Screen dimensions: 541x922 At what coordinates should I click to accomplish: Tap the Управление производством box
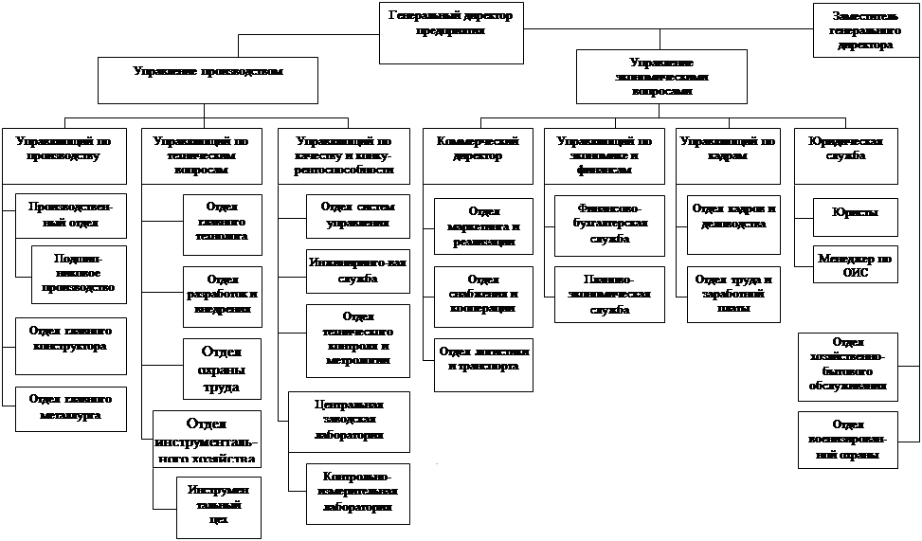click(x=208, y=80)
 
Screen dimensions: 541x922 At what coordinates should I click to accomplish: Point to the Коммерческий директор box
click(x=478, y=154)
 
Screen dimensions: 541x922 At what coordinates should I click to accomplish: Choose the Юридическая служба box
click(x=844, y=154)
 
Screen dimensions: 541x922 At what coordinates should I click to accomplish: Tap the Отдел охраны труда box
click(x=221, y=369)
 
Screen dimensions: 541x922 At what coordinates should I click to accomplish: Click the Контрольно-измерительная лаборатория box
click(x=357, y=493)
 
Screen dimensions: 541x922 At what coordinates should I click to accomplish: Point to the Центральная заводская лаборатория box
click(x=349, y=420)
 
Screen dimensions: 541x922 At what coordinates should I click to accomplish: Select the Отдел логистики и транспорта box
click(x=483, y=364)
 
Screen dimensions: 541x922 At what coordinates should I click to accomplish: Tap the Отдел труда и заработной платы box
click(x=733, y=294)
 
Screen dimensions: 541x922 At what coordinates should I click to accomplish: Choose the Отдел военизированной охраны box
click(x=847, y=440)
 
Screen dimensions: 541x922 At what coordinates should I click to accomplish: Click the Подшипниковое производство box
click(x=79, y=275)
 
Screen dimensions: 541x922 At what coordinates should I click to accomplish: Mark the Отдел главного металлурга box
click(x=71, y=407)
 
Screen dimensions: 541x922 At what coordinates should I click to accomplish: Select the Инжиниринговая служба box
click(x=357, y=270)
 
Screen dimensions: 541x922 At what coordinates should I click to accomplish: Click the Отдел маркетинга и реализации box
click(x=483, y=226)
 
